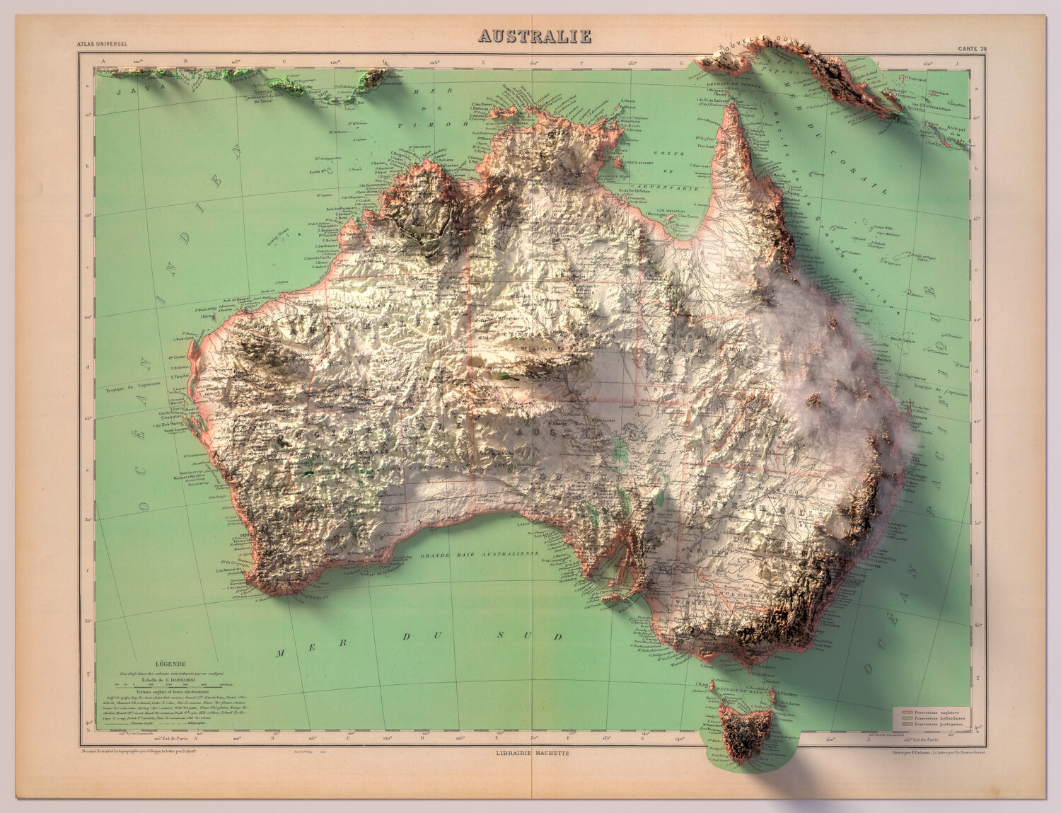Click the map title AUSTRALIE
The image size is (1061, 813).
(x=534, y=36)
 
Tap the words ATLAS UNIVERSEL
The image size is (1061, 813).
(x=103, y=44)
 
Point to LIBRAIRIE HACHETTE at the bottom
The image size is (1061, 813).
(x=533, y=754)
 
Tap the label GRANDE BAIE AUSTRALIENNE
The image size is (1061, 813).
(x=480, y=555)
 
